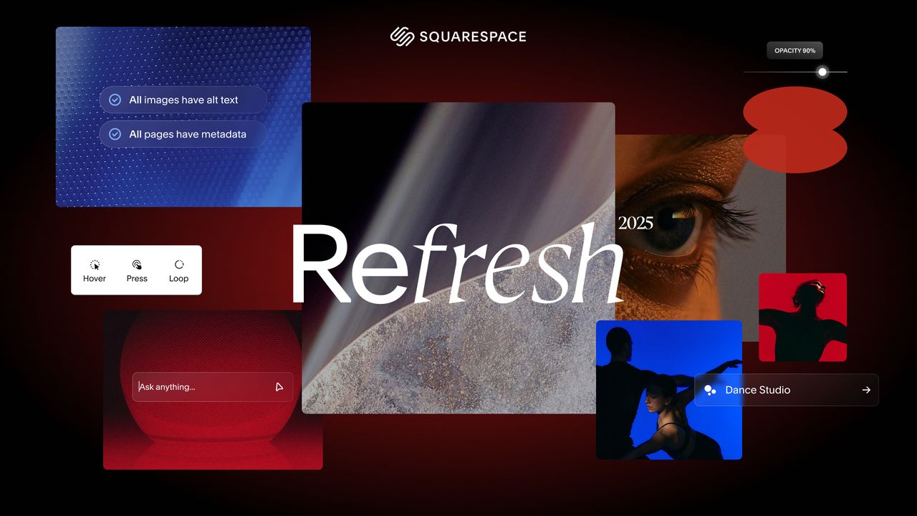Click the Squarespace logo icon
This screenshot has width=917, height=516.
click(x=402, y=37)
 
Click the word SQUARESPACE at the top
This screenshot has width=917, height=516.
click(x=473, y=37)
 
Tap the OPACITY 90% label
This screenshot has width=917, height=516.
click(x=794, y=50)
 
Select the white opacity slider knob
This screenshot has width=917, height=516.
click(x=822, y=72)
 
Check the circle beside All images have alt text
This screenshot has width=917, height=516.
click(x=115, y=100)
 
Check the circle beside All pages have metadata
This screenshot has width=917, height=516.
click(x=115, y=134)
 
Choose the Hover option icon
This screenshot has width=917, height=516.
click(x=95, y=265)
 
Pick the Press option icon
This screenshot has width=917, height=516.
click(x=137, y=265)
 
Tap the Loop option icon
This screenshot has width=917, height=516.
click(x=179, y=264)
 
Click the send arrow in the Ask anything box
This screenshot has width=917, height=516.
click(x=279, y=387)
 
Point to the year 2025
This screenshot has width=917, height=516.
click(x=635, y=223)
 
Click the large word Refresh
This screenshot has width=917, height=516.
click(x=456, y=264)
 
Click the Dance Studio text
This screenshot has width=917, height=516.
click(x=757, y=390)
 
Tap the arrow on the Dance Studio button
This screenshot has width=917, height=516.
click(x=866, y=390)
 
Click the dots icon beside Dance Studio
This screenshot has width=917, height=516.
click(x=710, y=390)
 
